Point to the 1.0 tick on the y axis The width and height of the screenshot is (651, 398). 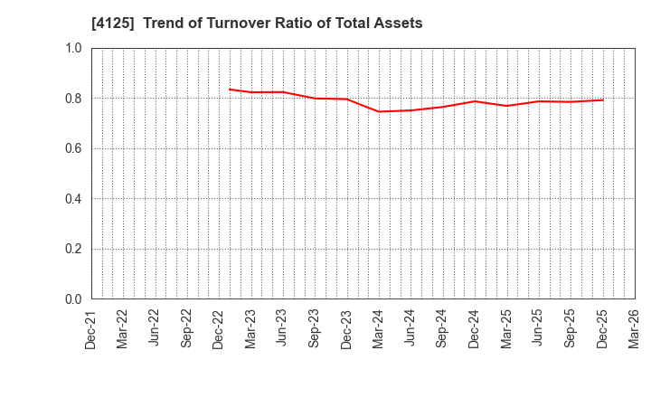click(x=73, y=48)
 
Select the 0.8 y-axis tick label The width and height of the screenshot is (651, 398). click(x=73, y=99)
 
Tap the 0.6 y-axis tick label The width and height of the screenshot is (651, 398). click(x=73, y=148)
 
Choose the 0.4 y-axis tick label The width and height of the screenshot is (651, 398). click(x=73, y=199)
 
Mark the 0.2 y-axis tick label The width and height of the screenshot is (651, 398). click(x=73, y=249)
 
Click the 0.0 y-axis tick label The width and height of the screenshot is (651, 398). click(x=73, y=299)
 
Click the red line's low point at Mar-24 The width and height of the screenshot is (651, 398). click(x=379, y=111)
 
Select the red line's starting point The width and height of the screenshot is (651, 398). click(x=230, y=89)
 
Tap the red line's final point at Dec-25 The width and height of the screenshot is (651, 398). click(x=603, y=99)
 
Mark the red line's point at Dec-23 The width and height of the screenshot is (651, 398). click(x=347, y=99)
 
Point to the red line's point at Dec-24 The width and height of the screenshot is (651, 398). click(x=475, y=101)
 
